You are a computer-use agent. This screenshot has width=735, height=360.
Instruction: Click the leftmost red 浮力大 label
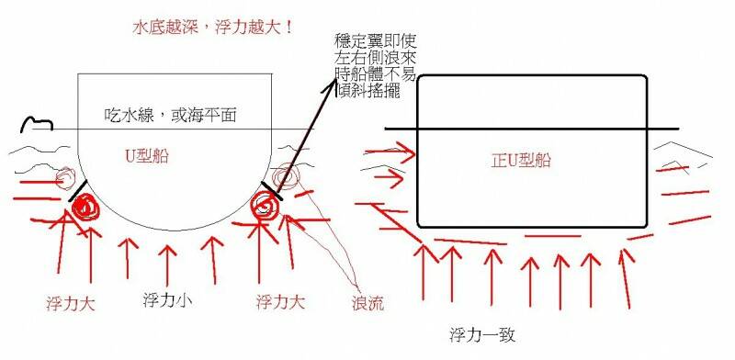pyautogui.click(x=69, y=300)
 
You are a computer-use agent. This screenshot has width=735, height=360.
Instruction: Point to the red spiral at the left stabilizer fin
pyautogui.click(x=84, y=208)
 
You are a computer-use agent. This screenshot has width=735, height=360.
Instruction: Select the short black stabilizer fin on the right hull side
pyautogui.click(x=271, y=191)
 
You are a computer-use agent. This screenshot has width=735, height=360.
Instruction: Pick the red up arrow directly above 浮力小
pyautogui.click(x=165, y=262)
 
